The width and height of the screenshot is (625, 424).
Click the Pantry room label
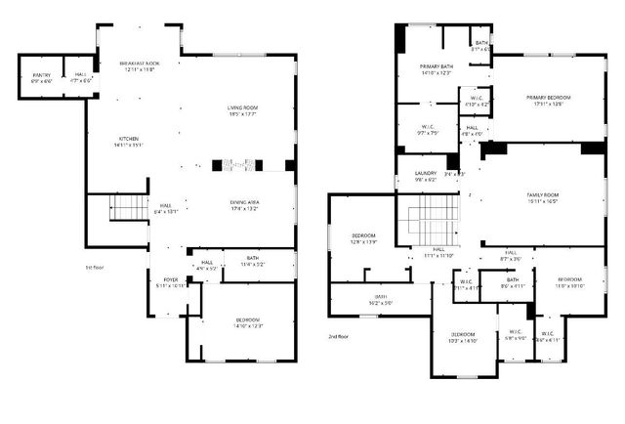[x=41, y=77]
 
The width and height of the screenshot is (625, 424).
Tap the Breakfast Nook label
[x=145, y=65]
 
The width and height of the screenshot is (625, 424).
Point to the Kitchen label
[x=130, y=142]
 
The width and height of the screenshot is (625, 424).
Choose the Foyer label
[x=172, y=282]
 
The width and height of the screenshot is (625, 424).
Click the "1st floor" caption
[x=96, y=266]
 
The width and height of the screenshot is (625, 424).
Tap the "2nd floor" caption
[x=339, y=336]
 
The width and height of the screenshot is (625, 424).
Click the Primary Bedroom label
[x=548, y=101]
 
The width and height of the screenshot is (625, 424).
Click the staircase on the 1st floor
[x=125, y=207]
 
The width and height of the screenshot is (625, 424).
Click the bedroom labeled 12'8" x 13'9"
[x=363, y=237]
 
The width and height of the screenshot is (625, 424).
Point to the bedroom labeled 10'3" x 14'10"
[x=464, y=337]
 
